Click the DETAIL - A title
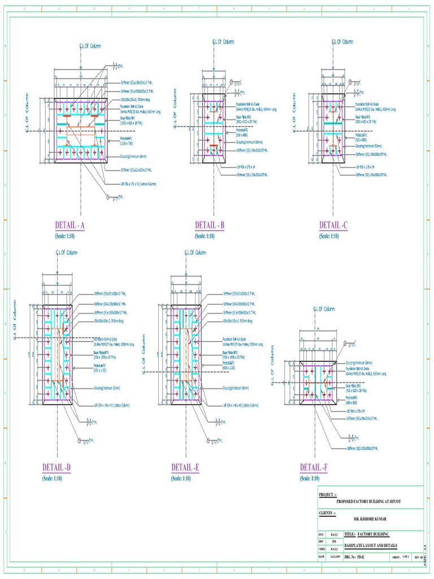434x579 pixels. [x=70, y=225]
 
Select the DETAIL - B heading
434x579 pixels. [x=210, y=225]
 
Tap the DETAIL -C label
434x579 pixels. [x=333, y=225]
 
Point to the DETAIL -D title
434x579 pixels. [x=57, y=468]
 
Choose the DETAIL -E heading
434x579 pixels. [x=185, y=468]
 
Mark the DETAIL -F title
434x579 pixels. [x=315, y=468]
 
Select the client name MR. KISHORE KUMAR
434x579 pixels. [x=371, y=518]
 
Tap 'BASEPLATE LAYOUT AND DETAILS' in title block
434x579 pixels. [x=370, y=546]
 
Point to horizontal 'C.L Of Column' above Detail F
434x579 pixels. [x=324, y=309]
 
